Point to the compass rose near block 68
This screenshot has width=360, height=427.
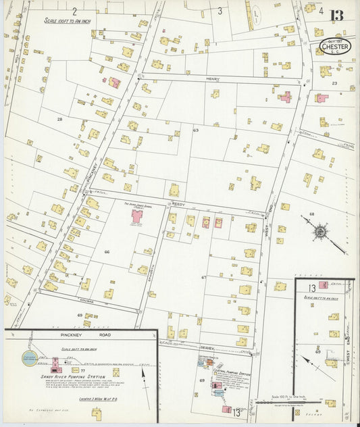click(319, 232)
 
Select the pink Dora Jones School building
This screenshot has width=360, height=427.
click(138, 217)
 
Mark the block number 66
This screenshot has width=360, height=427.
click(107, 251)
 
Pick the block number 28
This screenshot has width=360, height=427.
click(59, 119)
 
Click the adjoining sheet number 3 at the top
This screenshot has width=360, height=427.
click(220, 11)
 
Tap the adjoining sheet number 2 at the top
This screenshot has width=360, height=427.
click(74, 11)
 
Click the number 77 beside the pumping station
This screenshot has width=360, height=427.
click(83, 371)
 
